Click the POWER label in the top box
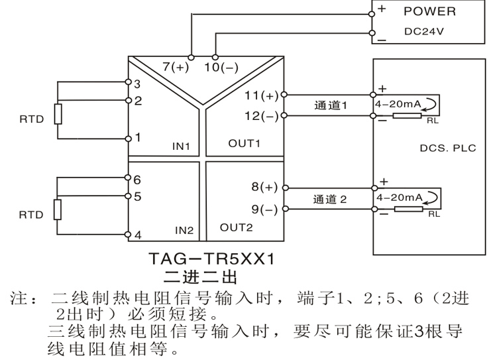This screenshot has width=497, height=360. point(429,11)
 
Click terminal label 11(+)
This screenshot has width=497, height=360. point(262,95)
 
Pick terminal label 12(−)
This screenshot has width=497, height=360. point(262,116)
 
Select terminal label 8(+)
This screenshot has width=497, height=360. point(265,187)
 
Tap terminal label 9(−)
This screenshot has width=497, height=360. point(265,210)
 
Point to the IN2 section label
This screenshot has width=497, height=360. point(184,231)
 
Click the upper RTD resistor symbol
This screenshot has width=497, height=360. point(58,114)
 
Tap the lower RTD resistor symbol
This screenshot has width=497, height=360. point(58,210)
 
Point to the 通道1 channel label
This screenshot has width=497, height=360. point(331,105)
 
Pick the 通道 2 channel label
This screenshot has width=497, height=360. point(331,198)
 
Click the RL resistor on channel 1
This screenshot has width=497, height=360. point(407,116)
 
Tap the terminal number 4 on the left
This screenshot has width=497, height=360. point(137,234)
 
